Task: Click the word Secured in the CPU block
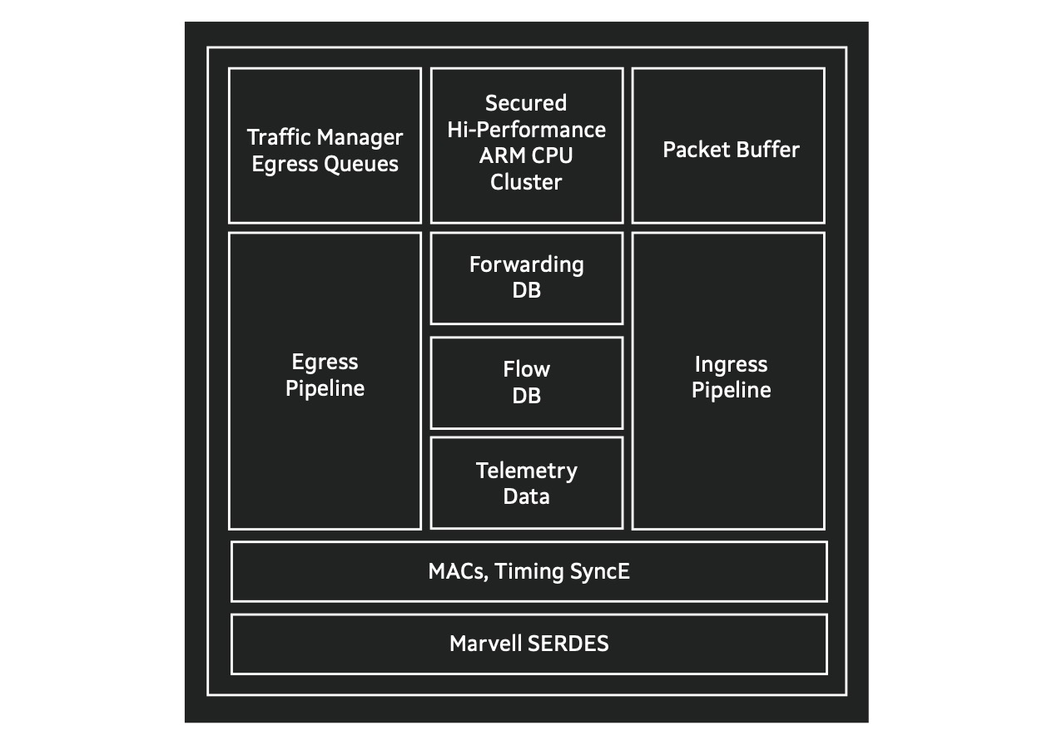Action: [526, 103]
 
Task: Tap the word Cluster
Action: [526, 182]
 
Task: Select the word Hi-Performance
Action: [526, 130]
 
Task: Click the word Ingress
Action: [731, 365]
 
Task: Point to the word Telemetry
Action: [526, 471]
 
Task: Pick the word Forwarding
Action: [526, 265]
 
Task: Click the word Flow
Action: [526, 369]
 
